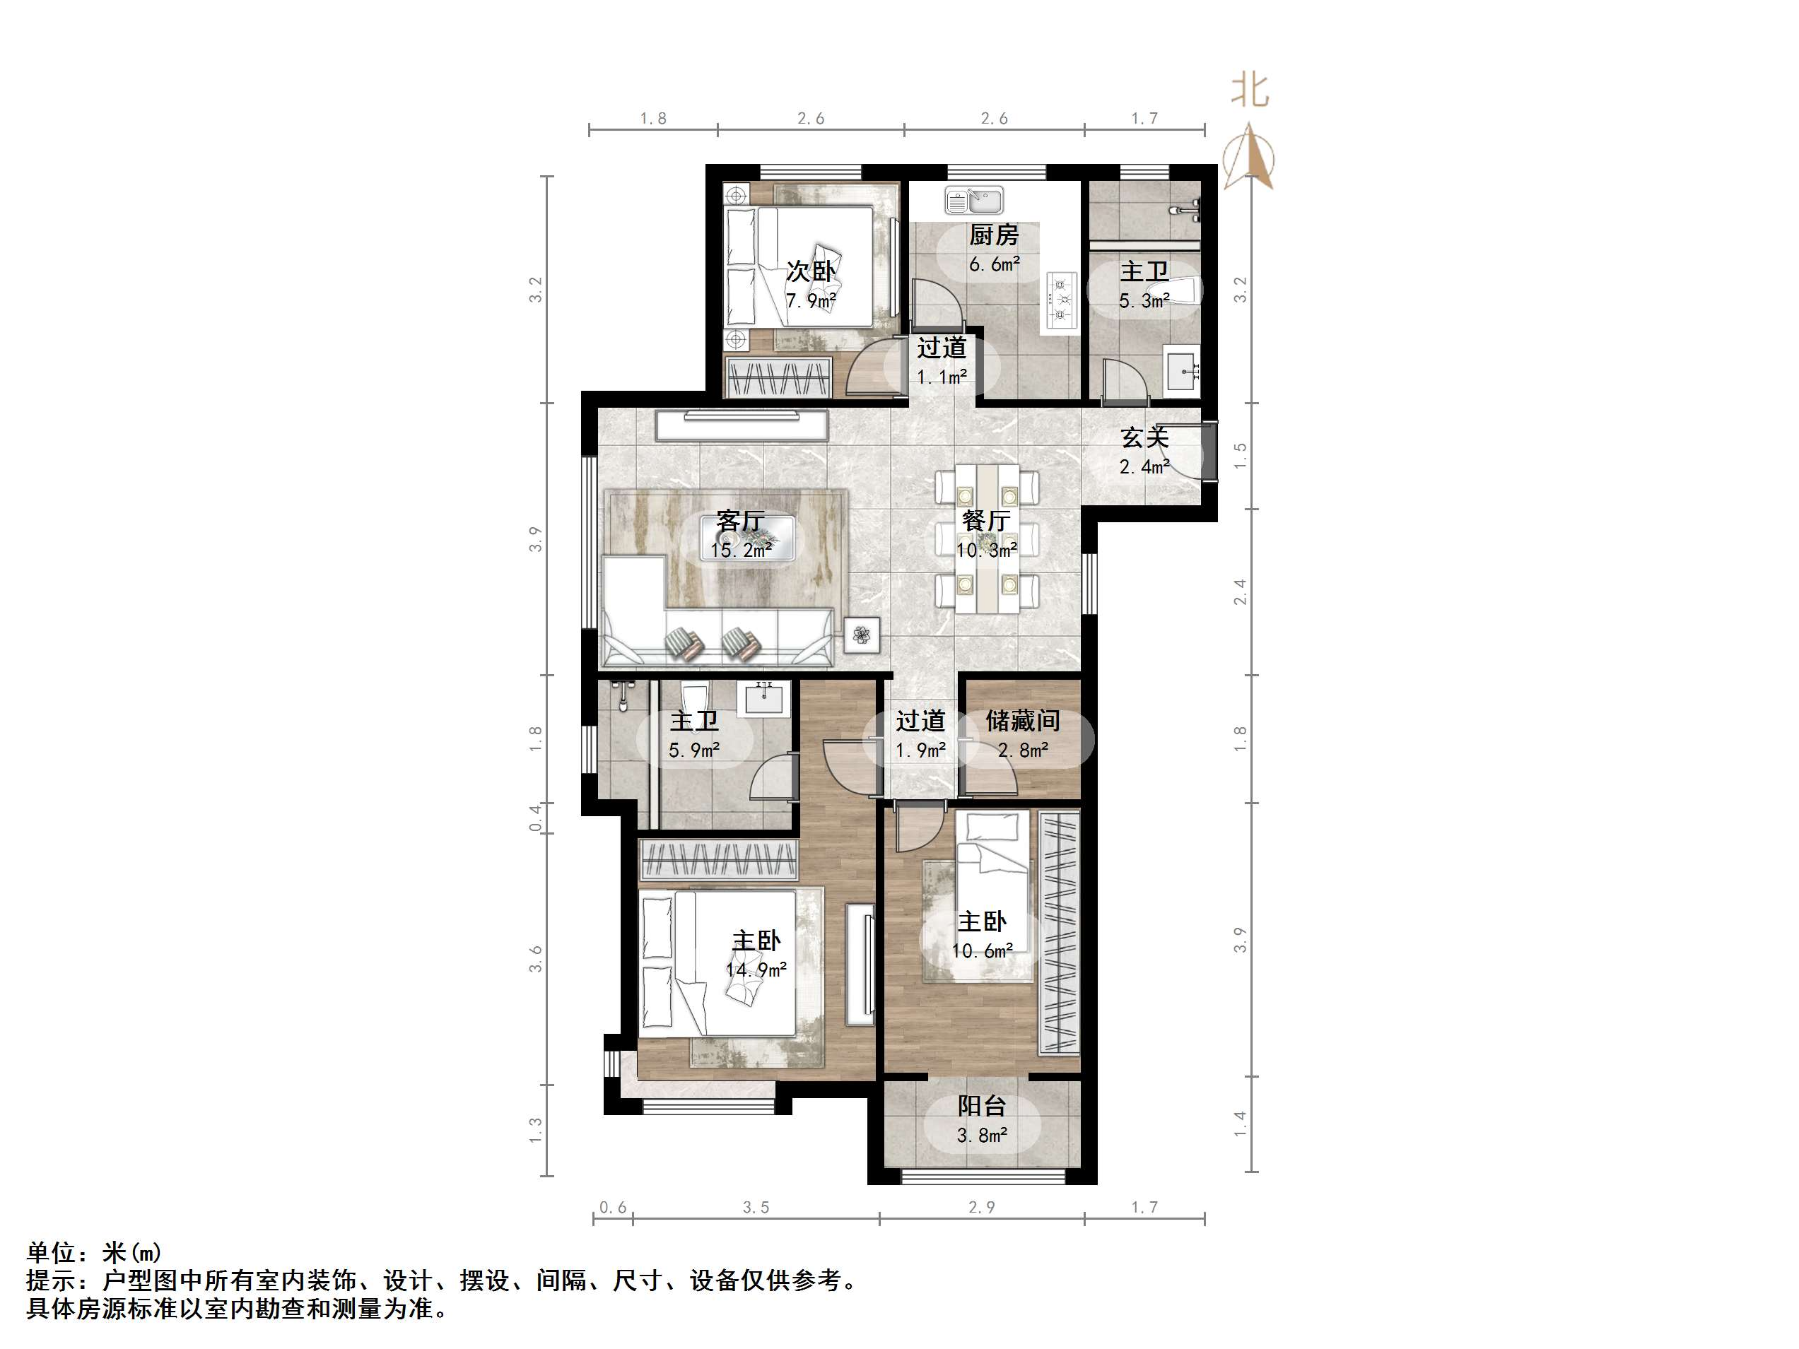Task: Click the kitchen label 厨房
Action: pyautogui.click(x=993, y=236)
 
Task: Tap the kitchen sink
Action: pyautogui.click(x=974, y=199)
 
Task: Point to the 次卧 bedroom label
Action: pyautogui.click(x=810, y=271)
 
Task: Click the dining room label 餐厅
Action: pyautogui.click(x=985, y=520)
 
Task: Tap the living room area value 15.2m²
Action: pyautogui.click(x=740, y=550)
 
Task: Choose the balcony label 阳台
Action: pyautogui.click(x=982, y=1106)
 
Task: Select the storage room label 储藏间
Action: pyautogui.click(x=1022, y=721)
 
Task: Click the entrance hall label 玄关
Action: pyautogui.click(x=1144, y=437)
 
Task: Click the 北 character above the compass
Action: pyautogui.click(x=1250, y=90)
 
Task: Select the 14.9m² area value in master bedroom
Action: pyautogui.click(x=756, y=970)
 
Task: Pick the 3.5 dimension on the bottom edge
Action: pyautogui.click(x=756, y=1208)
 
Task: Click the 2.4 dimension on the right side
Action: pyautogui.click(x=1239, y=592)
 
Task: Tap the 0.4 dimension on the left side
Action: pyautogui.click(x=535, y=817)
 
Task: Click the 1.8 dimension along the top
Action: pyautogui.click(x=653, y=119)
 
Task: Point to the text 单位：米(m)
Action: pyautogui.click(x=94, y=1253)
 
